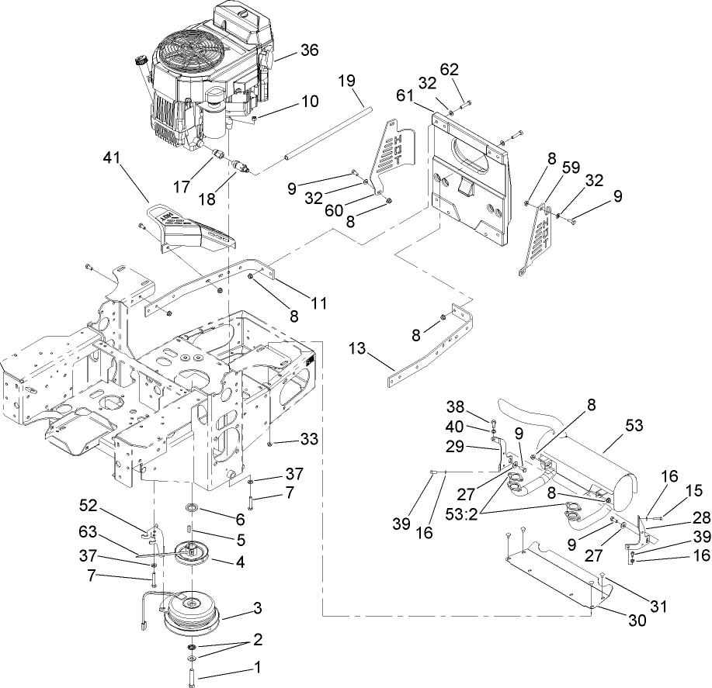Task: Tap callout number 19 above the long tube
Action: (x=347, y=80)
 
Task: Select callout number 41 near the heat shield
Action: (x=113, y=157)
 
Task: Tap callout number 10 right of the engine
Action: (x=287, y=102)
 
